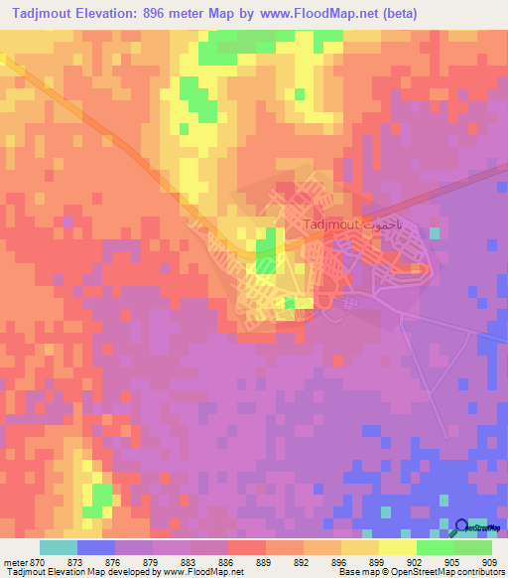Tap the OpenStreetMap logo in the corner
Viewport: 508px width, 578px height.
(474, 527)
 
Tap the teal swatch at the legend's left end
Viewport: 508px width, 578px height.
(59, 548)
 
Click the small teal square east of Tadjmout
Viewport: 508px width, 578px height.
(435, 232)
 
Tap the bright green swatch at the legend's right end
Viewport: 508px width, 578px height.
(473, 548)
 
